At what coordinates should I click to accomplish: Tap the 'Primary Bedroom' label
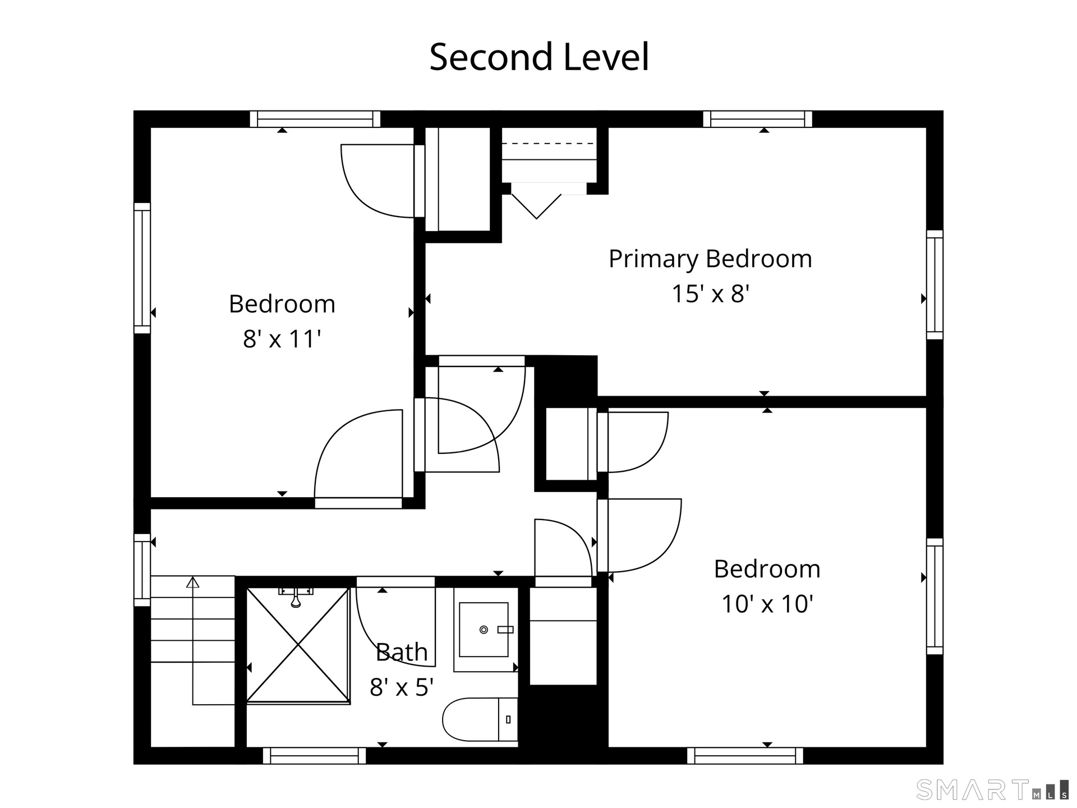pos(710,259)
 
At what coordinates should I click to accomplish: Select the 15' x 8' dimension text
pos(711,293)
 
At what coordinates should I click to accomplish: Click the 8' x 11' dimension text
pos(282,339)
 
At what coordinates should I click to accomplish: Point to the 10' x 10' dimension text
pos(767,604)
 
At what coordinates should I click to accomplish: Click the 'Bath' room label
pos(402,652)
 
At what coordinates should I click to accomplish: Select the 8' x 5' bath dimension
pos(402,687)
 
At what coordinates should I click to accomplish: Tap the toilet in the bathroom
pos(480,720)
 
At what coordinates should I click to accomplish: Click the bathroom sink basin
pos(484,630)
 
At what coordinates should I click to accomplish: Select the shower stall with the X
pos(298,645)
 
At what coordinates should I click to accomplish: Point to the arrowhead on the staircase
pos(193,582)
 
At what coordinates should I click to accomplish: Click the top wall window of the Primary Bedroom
pos(757,119)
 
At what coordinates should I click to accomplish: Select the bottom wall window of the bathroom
pos(315,756)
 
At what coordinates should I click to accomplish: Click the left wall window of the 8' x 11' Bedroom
pos(142,268)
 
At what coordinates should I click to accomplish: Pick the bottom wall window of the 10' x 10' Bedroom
pos(745,756)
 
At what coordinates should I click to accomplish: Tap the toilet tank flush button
pos(508,720)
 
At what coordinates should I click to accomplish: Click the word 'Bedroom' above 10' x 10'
pos(767,570)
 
